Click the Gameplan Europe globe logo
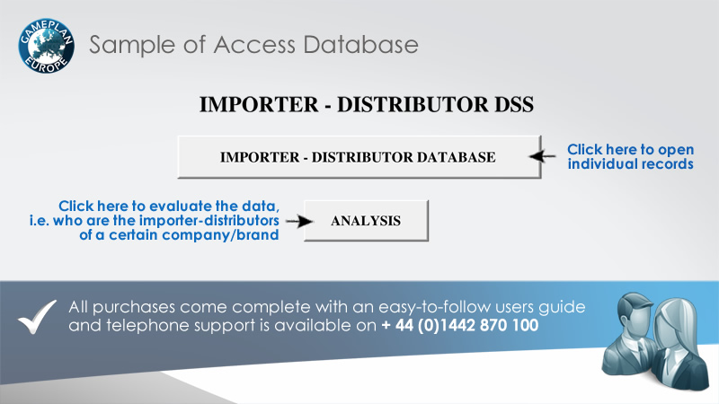coord(47,46)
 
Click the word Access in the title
coord(254,45)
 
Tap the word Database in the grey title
coord(360,45)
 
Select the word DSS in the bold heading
coord(514,104)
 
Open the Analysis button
coord(366,221)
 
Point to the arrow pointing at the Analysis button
coord(299,221)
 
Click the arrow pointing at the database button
coord(542,156)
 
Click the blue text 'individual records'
coord(631,164)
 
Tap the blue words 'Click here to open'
coord(631,149)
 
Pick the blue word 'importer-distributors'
coord(209,220)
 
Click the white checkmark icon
coord(37,317)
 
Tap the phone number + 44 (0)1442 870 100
coord(460,325)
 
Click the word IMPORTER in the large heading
coord(259,104)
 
